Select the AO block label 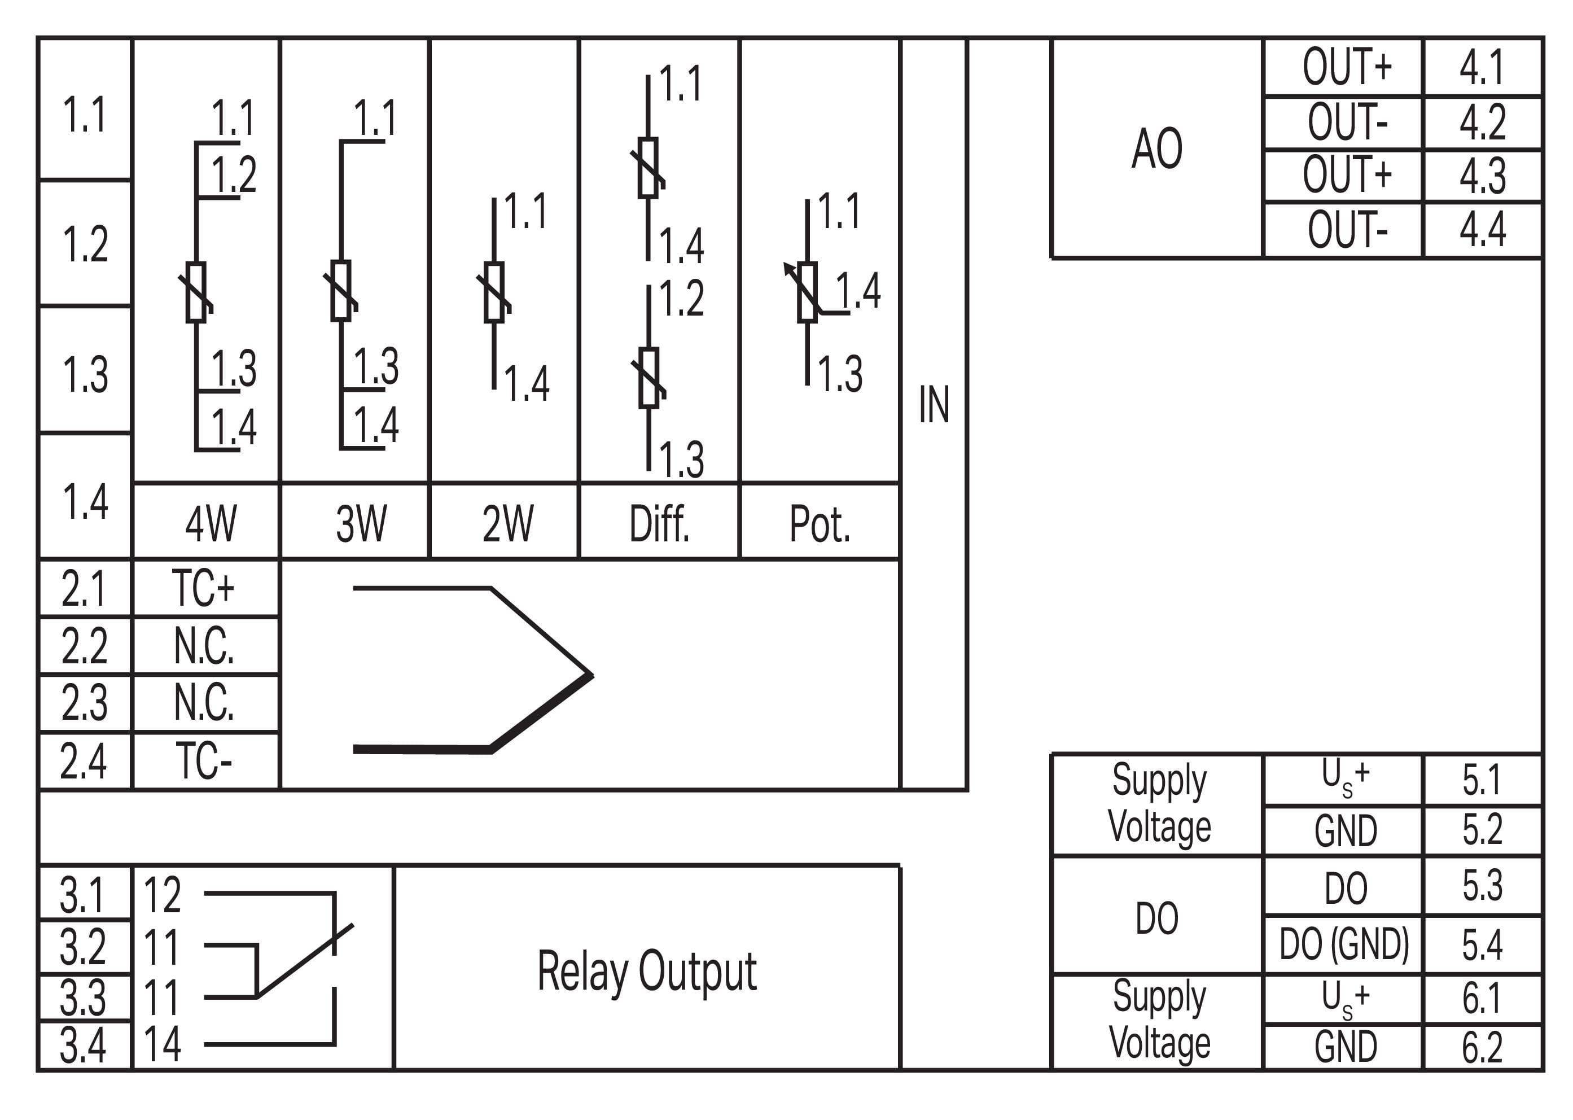click(x=1156, y=148)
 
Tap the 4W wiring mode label click(x=211, y=523)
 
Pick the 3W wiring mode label click(x=361, y=523)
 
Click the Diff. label click(x=659, y=523)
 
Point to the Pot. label click(x=820, y=523)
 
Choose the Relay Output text click(x=647, y=971)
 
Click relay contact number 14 click(x=162, y=1043)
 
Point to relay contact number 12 click(x=162, y=895)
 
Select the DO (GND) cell click(x=1343, y=944)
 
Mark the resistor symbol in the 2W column click(x=494, y=292)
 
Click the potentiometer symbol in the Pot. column click(x=807, y=292)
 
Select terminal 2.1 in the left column click(x=84, y=588)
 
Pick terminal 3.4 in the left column click(x=84, y=1045)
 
